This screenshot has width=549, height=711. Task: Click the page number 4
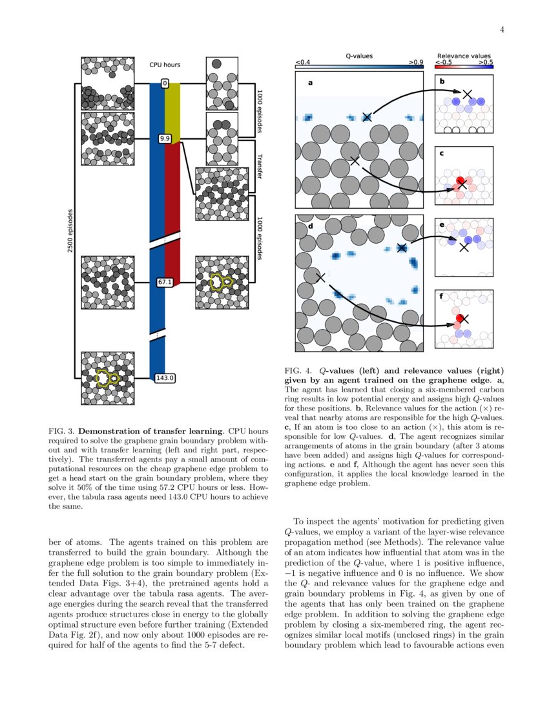click(x=502, y=29)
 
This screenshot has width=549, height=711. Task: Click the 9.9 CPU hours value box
click(x=165, y=138)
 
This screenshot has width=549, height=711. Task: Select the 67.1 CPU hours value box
click(x=165, y=282)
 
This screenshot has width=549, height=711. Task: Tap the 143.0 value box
click(x=165, y=377)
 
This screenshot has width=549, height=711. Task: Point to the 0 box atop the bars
click(x=165, y=83)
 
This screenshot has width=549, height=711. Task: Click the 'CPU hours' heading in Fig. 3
click(x=165, y=65)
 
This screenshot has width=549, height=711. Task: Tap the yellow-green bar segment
click(x=172, y=110)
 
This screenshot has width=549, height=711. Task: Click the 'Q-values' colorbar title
click(x=359, y=56)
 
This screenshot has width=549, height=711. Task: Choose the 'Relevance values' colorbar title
click(x=464, y=56)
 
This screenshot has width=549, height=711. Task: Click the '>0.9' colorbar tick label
click(x=415, y=63)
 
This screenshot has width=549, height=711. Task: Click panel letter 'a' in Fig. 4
click(x=309, y=83)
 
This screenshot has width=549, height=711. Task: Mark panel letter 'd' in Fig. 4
click(x=310, y=226)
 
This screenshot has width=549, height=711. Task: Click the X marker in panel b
click(x=467, y=94)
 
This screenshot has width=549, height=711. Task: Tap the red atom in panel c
click(x=460, y=181)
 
